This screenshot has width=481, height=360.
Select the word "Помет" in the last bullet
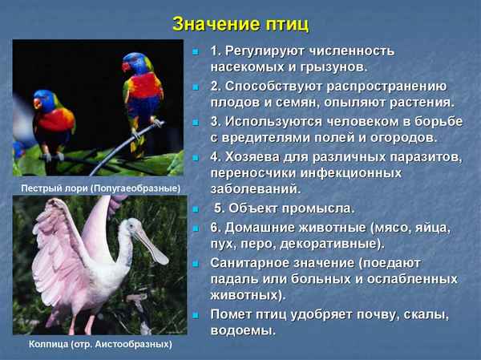click(232, 313)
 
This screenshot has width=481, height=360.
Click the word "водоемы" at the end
click(242, 330)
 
